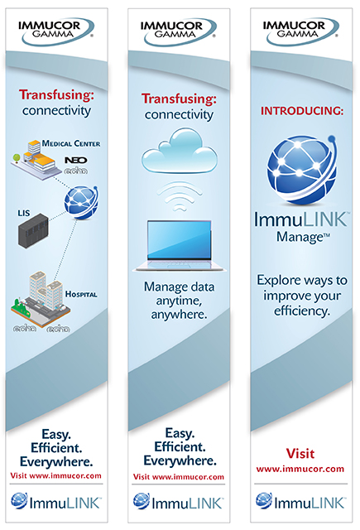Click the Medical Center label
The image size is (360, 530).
[x=71, y=143]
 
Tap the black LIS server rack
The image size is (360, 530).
[x=33, y=231]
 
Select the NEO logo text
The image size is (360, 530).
[x=76, y=160]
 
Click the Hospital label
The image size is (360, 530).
[x=81, y=294]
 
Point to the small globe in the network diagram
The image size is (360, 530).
[x=81, y=202]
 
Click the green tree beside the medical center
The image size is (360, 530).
[x=17, y=157]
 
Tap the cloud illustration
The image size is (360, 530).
[x=180, y=152]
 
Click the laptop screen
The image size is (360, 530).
[x=179, y=239]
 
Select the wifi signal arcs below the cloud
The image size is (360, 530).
[x=180, y=196]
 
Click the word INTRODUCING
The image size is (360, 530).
[x=300, y=111]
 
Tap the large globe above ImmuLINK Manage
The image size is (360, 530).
[x=301, y=170]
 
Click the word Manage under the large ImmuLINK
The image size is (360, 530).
[x=300, y=237]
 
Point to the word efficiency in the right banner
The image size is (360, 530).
[x=301, y=311]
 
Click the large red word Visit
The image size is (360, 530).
[x=300, y=454]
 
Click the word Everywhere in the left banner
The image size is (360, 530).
[x=56, y=462]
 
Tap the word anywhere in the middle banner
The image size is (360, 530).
[x=179, y=315]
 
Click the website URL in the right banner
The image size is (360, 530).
[x=300, y=469]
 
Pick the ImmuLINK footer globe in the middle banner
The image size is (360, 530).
[x=142, y=501]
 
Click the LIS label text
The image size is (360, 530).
[x=24, y=213]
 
